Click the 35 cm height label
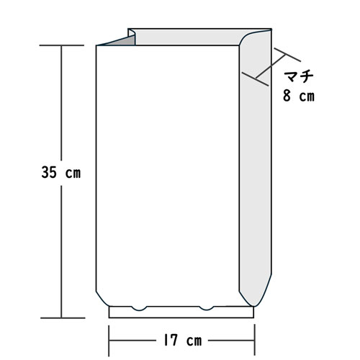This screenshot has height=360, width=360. [x=61, y=173]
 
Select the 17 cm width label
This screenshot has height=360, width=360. [x=182, y=341]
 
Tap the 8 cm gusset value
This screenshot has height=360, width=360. [x=299, y=96]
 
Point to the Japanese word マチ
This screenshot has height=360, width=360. [x=299, y=76]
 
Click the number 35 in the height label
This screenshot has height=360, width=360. [x=49, y=172]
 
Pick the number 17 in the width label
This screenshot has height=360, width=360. [x=171, y=341]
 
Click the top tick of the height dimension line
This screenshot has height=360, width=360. [x=62, y=45]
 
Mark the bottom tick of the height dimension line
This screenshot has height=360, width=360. [x=63, y=318]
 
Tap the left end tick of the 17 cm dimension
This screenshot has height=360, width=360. [x=109, y=341]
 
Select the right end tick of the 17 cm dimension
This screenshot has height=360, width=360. [x=255, y=340]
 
